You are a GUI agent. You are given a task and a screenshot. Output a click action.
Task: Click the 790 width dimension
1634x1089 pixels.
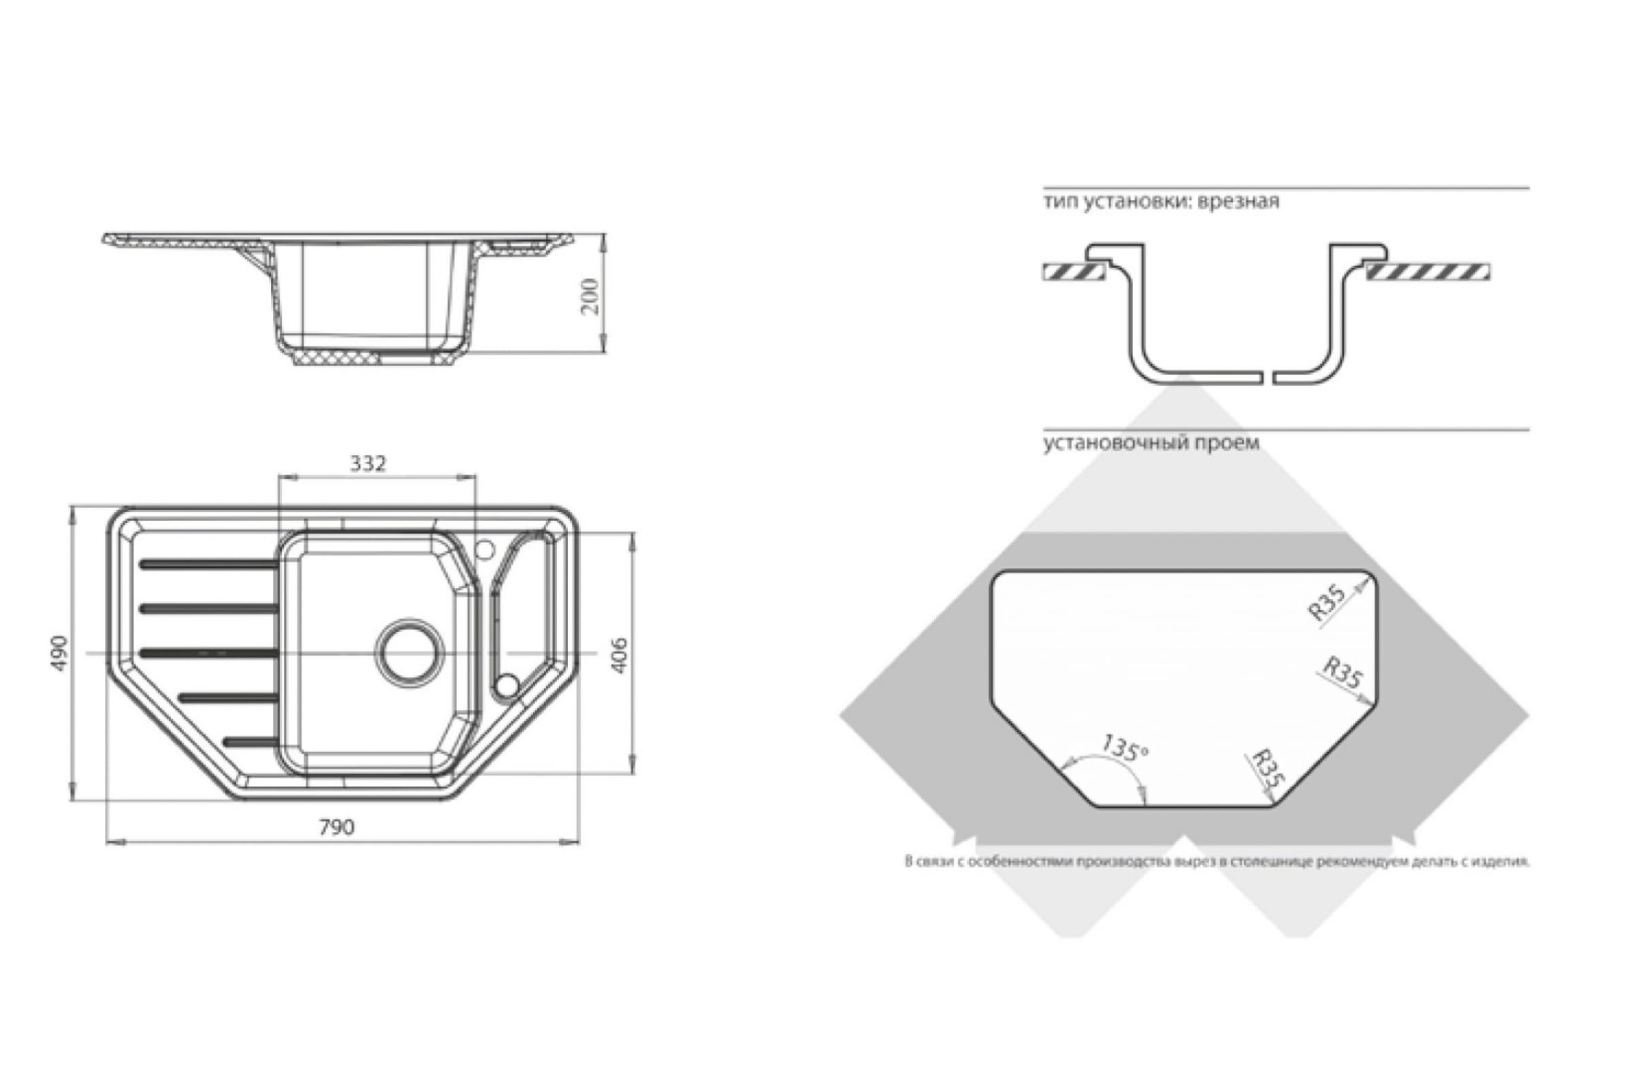(x=336, y=827)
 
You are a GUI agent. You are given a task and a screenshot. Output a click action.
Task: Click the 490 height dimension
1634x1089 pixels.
(x=61, y=653)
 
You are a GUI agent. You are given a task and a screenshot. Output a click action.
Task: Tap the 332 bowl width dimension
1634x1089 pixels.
(x=368, y=464)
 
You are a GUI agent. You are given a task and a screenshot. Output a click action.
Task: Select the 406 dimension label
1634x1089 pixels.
(x=619, y=654)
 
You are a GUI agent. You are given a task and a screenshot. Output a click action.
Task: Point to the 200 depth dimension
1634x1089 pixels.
(x=590, y=297)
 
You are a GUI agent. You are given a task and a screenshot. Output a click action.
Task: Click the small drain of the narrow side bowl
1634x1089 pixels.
(x=507, y=686)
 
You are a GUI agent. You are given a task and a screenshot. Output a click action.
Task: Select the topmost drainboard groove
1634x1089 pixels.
(x=208, y=564)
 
